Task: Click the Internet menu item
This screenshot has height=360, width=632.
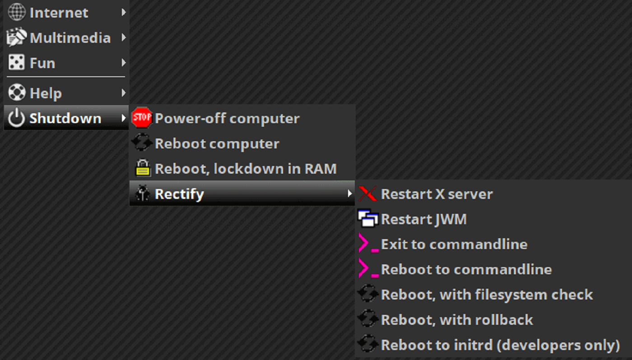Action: tap(59, 13)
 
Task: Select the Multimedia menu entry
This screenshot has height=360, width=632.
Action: tap(70, 38)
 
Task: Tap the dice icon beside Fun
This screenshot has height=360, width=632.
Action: tap(17, 63)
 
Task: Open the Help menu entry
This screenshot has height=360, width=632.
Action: tap(46, 93)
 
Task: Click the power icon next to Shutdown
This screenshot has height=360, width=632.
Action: tap(17, 118)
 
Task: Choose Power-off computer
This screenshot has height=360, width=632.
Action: tap(227, 119)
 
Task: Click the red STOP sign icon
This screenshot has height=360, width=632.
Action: tap(142, 118)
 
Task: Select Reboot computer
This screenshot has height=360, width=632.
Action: tap(217, 144)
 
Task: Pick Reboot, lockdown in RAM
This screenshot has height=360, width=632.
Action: tap(246, 169)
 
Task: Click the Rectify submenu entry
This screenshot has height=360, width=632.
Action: tap(179, 194)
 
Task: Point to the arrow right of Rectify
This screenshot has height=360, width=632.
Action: tap(349, 194)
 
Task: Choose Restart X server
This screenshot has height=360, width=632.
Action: tap(437, 194)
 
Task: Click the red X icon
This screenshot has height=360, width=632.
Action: tap(367, 194)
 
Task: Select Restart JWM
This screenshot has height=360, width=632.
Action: tap(423, 219)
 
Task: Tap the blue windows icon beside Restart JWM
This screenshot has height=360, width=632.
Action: tap(367, 219)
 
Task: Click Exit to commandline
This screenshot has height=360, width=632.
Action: tap(454, 245)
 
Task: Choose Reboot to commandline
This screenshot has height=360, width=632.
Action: tap(466, 270)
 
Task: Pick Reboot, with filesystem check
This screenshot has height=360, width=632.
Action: tap(487, 295)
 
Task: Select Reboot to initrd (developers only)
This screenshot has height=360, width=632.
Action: tap(500, 345)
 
